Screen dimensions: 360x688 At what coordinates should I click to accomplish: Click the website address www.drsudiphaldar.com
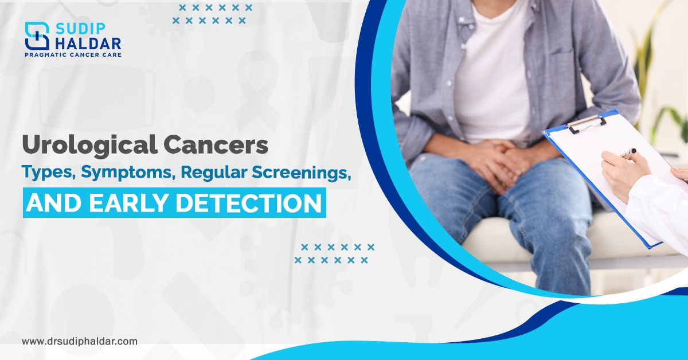tap(80, 341)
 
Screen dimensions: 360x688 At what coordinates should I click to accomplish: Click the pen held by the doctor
tap(628, 153)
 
